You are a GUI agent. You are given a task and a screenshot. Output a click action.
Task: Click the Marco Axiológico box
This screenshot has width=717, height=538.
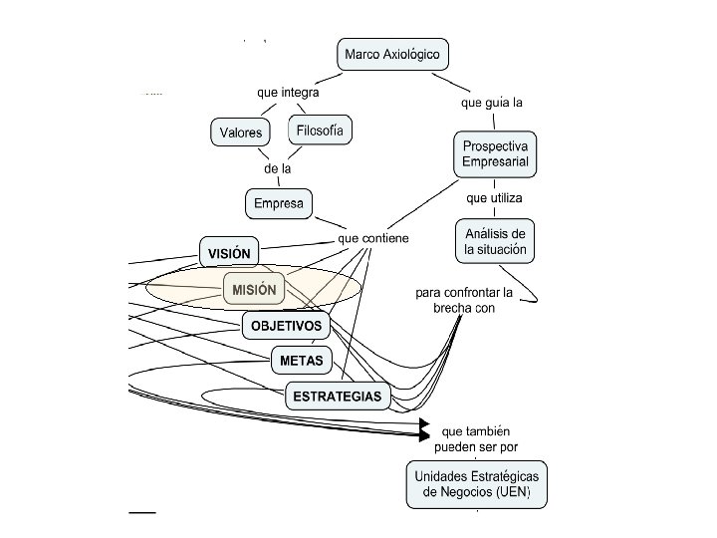point(390,54)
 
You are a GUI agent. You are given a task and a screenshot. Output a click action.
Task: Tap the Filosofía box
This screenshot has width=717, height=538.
point(320,130)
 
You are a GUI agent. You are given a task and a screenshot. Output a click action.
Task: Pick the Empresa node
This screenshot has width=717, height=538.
point(278,204)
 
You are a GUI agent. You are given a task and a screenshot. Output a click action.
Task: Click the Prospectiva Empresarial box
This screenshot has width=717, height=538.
point(495,153)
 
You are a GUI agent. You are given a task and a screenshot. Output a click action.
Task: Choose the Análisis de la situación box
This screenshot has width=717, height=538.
point(496,241)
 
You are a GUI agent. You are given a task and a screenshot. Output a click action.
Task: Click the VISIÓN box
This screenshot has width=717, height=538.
point(229,253)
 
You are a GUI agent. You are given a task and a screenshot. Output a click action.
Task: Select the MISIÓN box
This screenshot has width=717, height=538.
point(254,289)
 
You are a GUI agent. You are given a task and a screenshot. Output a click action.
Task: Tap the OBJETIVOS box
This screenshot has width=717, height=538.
point(286,325)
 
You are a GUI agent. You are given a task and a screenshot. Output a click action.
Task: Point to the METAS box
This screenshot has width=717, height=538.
point(300,360)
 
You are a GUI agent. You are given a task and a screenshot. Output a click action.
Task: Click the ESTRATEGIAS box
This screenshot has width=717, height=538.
point(337,396)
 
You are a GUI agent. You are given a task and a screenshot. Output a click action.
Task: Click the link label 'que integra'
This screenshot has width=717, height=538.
point(288,93)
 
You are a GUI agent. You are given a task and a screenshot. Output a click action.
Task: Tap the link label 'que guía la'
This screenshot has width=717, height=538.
point(492,102)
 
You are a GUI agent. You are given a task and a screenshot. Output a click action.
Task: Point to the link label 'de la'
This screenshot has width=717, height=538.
point(278,168)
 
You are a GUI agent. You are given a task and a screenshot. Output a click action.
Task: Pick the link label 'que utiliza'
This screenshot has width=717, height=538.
point(494,197)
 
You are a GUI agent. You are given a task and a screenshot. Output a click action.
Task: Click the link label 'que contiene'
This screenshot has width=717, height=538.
point(373,239)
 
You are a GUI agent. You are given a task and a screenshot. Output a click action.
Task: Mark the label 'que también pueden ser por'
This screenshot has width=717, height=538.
point(477,439)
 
